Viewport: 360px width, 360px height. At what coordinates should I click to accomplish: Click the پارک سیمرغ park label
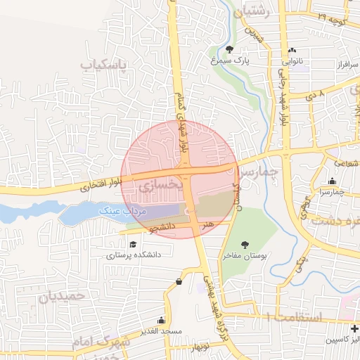pos(231,61)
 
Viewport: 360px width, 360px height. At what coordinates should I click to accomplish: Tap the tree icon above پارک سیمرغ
pos(231,49)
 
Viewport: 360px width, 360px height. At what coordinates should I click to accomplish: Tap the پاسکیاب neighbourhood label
pos(105,65)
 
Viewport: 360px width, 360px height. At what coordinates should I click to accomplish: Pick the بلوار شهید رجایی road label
pos(285,98)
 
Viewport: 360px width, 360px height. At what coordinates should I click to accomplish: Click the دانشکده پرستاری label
pos(134,255)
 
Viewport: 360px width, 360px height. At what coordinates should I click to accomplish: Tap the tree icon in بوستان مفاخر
pos(244,245)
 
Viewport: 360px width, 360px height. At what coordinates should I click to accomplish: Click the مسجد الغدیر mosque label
pos(161,330)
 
